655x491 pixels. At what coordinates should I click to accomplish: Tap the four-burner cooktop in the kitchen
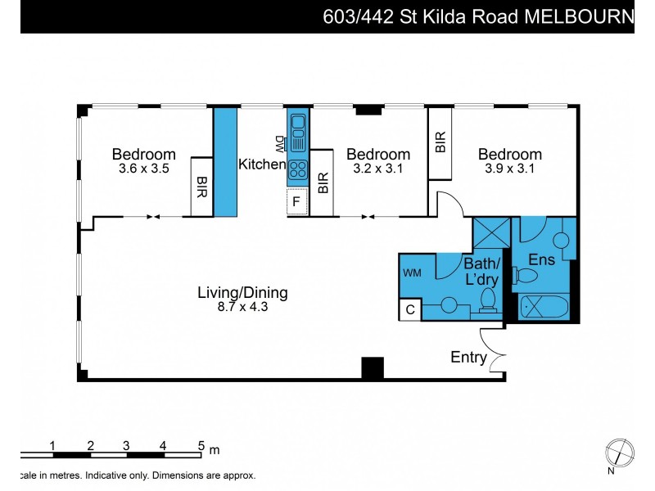[297, 171]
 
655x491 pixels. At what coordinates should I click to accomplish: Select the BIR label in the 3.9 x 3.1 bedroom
[440, 143]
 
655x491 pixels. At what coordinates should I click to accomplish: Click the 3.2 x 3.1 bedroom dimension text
[377, 169]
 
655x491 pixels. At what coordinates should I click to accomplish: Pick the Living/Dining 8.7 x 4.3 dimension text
[242, 307]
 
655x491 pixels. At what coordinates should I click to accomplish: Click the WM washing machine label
[412, 273]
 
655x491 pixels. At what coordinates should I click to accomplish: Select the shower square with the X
[492, 235]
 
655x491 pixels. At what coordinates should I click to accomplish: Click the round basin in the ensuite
[562, 240]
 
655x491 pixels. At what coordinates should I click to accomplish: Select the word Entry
[468, 358]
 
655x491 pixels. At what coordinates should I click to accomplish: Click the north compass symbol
[618, 452]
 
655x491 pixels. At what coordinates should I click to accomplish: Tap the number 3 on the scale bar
[126, 445]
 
